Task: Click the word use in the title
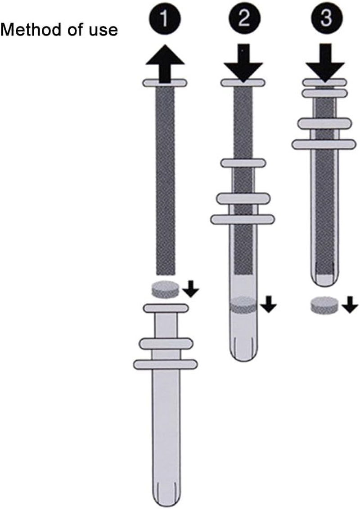(x=103, y=30)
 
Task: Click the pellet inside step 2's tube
(x=243, y=306)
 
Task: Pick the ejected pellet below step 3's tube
(x=324, y=306)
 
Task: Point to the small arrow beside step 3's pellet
(x=350, y=306)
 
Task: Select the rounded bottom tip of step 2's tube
(x=243, y=353)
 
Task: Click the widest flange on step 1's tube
(x=166, y=364)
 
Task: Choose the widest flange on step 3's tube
(x=324, y=144)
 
